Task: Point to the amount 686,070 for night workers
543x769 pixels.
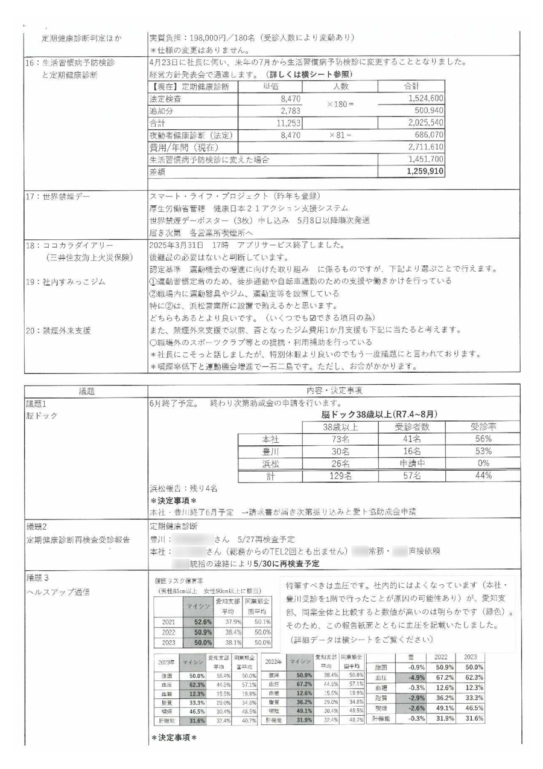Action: [425, 135]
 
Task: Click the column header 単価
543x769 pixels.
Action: [270, 86]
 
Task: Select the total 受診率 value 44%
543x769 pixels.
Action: [483, 476]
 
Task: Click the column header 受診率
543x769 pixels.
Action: [483, 428]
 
